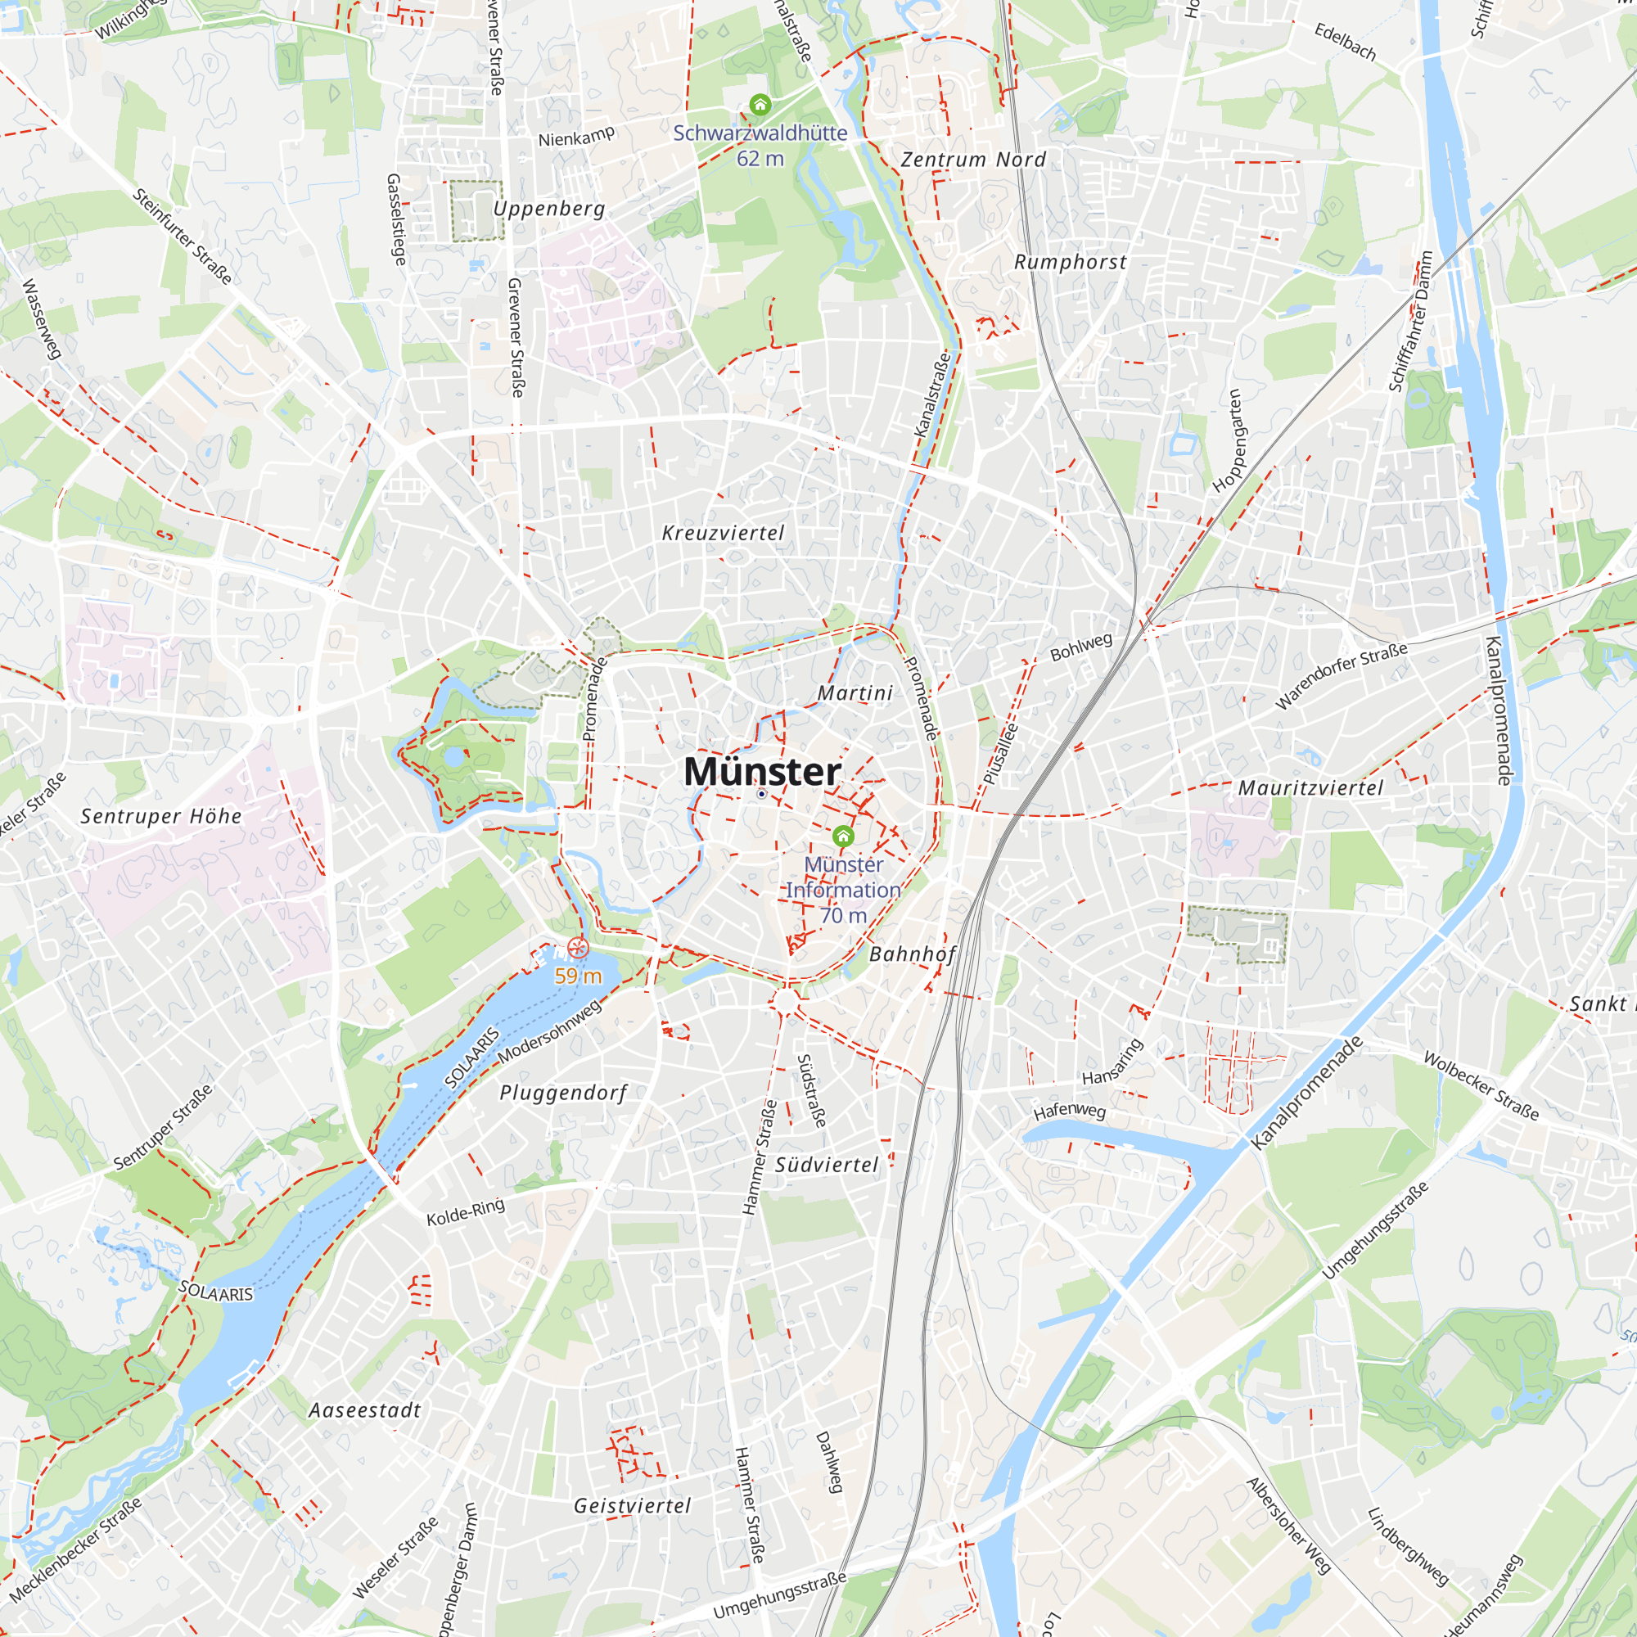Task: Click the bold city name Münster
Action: (762, 771)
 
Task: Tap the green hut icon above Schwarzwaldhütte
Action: (760, 105)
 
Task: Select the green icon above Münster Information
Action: (842, 837)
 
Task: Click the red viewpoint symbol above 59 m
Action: (578, 948)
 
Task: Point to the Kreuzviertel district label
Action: (723, 533)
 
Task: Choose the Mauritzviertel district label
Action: (1310, 788)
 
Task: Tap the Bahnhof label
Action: (913, 954)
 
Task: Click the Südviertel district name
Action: (827, 1165)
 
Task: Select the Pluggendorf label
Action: (562, 1093)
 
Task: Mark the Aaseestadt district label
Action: (364, 1410)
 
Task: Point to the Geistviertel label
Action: (632, 1506)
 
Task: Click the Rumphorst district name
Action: (1070, 262)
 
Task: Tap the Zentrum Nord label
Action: (972, 160)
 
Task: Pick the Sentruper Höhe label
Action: (161, 816)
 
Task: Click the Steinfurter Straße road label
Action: (183, 236)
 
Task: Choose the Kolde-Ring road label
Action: (465, 1212)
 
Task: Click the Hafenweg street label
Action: (1069, 1110)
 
